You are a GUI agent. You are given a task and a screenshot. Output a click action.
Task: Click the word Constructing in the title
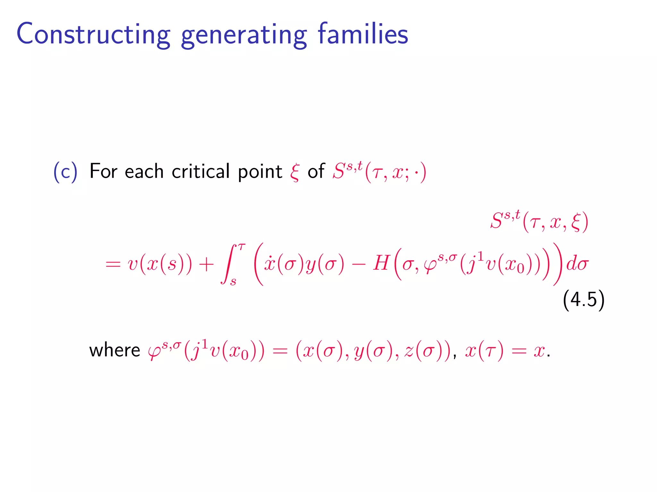(x=93, y=35)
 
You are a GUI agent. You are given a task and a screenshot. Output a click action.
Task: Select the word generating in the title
(x=244, y=36)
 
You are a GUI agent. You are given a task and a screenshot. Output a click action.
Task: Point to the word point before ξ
(x=260, y=172)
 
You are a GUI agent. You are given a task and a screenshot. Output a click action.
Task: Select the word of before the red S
(x=316, y=171)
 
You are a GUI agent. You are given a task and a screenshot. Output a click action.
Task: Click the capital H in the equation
(x=381, y=264)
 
